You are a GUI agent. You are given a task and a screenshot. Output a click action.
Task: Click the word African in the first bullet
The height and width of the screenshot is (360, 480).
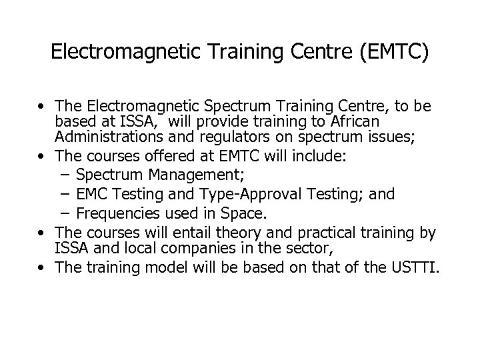pyautogui.click(x=389, y=122)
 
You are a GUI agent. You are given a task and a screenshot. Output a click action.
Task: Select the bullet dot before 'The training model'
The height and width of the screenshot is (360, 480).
pyautogui.click(x=43, y=268)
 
